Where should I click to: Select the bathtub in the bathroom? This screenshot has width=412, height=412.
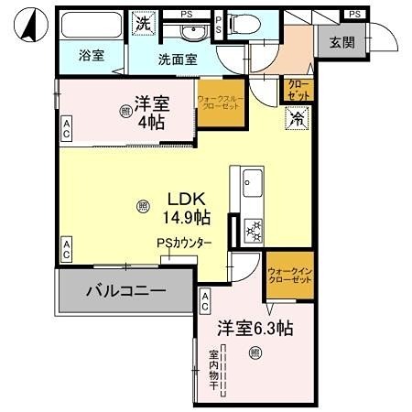coord(90,25)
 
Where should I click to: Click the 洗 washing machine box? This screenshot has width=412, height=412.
coord(143,22)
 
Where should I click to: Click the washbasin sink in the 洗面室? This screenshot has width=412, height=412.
coord(192,32)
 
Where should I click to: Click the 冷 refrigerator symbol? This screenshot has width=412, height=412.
coord(297,117)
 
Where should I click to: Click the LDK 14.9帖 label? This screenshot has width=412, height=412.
coord(187,208)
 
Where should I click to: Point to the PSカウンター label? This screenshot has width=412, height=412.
coord(185,244)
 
